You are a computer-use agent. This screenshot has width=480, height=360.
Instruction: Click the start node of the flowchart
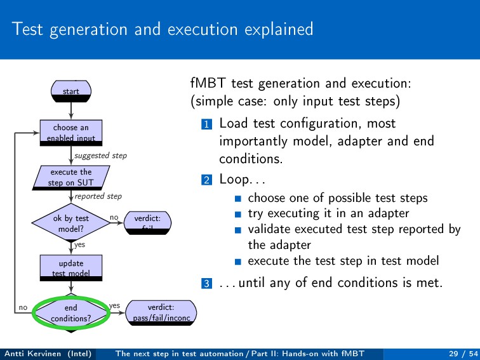tap(71, 91)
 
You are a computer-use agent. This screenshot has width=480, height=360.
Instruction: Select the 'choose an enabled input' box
tap(71, 133)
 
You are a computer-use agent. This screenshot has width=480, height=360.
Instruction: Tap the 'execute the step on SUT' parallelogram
tap(71, 177)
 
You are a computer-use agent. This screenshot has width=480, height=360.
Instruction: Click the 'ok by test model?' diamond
tap(71, 222)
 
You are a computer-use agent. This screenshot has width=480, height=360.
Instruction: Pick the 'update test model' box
tap(71, 267)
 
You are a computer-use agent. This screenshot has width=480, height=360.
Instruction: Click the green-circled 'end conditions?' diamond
tap(71, 312)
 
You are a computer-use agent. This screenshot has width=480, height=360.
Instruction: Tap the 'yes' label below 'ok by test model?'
tap(79, 244)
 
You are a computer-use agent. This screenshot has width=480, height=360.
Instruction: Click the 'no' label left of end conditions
tap(23, 307)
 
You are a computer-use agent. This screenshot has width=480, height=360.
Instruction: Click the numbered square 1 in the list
tap(205, 124)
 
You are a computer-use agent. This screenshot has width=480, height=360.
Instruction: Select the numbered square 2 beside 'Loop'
tap(205, 180)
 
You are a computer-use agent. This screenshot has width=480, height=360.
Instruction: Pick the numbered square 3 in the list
tap(205, 283)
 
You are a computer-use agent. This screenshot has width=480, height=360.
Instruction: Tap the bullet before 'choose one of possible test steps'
tap(237, 199)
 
